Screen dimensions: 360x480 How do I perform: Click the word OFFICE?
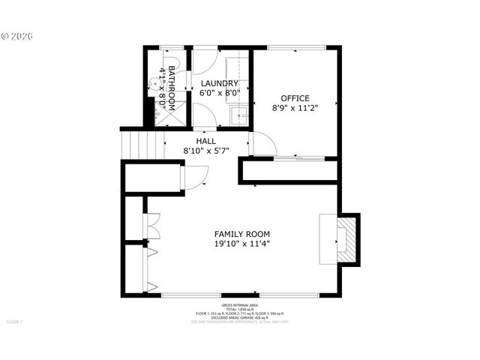[x=295, y=98]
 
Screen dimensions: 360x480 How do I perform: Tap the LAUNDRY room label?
[x=220, y=83]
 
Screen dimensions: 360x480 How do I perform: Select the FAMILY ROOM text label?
[x=241, y=233]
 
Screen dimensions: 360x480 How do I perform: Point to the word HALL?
[x=205, y=141]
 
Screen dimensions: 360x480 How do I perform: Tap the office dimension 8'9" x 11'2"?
[x=295, y=108]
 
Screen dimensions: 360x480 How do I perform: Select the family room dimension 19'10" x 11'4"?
[x=241, y=243]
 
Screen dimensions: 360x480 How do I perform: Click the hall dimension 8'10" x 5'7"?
[x=205, y=150]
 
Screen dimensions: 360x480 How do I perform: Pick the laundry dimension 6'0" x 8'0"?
[x=220, y=93]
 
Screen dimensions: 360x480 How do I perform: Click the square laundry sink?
[x=239, y=116]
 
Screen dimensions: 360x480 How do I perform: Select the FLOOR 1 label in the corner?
[x=15, y=322]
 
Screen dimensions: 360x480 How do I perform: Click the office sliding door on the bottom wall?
[x=298, y=158]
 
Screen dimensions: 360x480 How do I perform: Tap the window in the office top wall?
[x=296, y=49]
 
